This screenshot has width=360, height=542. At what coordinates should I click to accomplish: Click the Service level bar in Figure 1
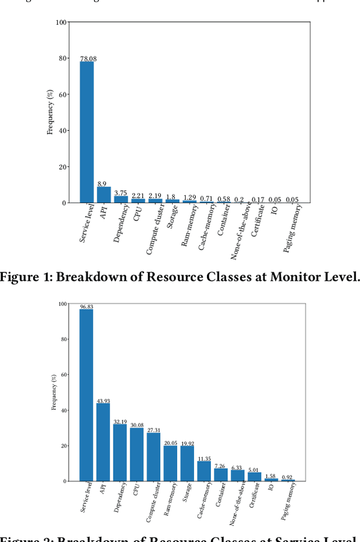tap(87, 132)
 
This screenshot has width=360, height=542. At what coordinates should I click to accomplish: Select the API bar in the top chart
tap(103, 195)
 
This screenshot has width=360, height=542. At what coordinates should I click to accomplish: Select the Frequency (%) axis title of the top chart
tap(49, 113)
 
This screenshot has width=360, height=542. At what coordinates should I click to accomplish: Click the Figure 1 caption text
tap(180, 276)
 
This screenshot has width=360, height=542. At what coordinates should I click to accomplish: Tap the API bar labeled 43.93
tap(103, 442)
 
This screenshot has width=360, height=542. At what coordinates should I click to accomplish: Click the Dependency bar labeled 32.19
tap(120, 453)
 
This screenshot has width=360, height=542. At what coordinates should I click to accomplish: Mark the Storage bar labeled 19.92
tap(187, 464)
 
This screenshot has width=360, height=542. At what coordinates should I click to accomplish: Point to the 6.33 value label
tap(237, 467)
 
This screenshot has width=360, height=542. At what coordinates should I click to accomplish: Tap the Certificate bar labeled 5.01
tap(254, 477)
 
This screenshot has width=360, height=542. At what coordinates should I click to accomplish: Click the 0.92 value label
tap(287, 477)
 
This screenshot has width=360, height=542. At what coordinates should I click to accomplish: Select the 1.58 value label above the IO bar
tap(271, 476)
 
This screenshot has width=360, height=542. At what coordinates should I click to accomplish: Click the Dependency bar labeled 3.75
tap(121, 199)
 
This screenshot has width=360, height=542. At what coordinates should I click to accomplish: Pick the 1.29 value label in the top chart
tap(189, 197)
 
